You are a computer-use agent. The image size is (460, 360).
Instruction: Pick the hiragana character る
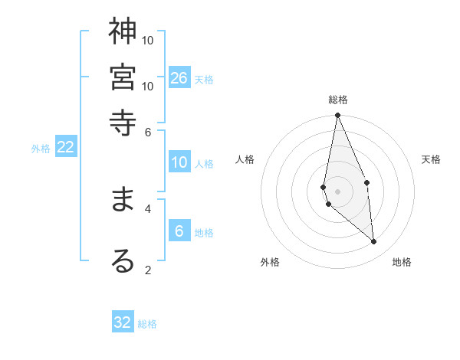(123, 260)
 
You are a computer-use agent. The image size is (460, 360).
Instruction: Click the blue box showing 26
(179, 78)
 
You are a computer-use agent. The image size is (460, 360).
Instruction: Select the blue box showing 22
(66, 147)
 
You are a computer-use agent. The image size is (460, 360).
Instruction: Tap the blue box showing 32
(123, 322)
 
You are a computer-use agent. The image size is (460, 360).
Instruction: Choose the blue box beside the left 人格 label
(179, 162)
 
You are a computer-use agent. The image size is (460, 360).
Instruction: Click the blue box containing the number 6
(179, 231)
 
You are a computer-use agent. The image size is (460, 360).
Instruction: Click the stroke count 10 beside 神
(148, 40)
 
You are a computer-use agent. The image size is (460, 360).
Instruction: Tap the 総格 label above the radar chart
(337, 100)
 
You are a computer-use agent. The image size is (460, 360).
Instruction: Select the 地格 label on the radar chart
(402, 262)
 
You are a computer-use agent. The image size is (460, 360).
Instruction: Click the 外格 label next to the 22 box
(41, 149)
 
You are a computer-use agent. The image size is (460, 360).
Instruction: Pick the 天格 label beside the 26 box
(204, 80)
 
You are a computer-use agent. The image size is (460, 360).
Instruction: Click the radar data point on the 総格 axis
(337, 115)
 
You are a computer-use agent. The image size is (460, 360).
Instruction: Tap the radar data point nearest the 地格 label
(374, 242)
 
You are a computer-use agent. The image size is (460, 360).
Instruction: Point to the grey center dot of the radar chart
(337, 191)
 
